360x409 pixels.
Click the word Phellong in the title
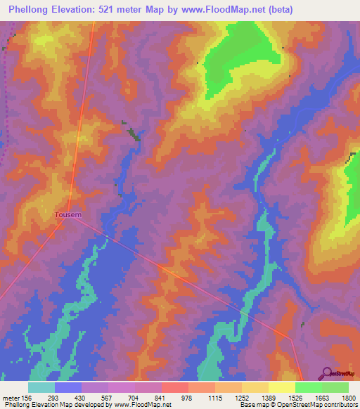[x=32, y=10]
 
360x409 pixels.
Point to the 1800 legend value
[x=349, y=398]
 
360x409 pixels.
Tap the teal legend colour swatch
[x=41, y=387]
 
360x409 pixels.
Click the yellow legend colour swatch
[x=281, y=387]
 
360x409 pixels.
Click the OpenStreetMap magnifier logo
[x=326, y=374]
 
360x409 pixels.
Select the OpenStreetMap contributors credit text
[x=324, y=405]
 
